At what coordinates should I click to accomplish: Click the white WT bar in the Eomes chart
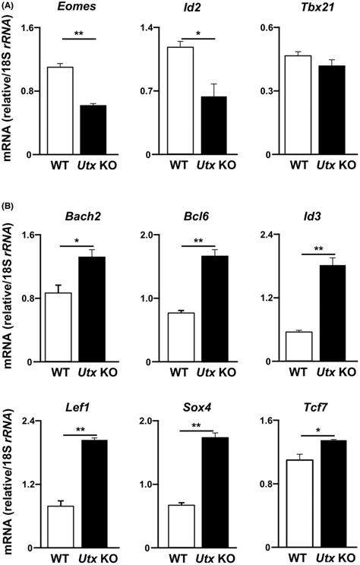coord(60,111)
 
